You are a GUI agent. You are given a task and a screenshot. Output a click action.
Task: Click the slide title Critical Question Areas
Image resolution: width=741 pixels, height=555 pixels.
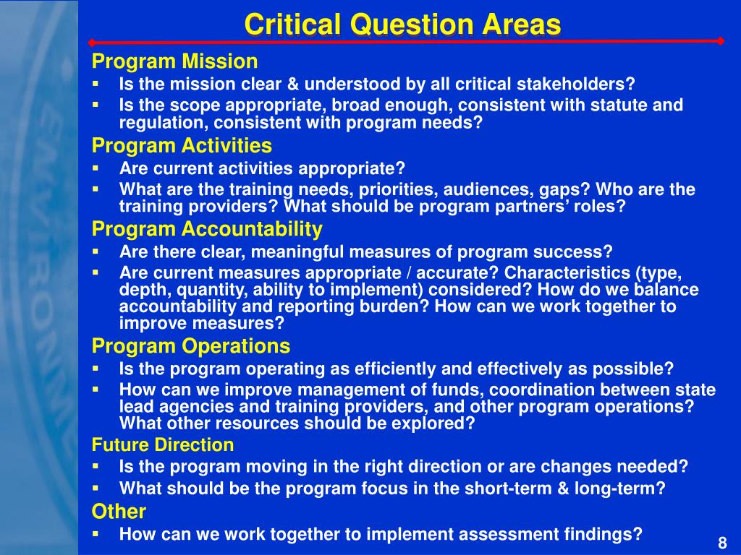(x=402, y=25)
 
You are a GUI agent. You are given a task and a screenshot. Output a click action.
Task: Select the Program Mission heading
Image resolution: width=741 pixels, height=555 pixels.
(x=175, y=62)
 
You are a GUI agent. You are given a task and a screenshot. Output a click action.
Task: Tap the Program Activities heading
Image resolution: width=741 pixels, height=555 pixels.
(x=182, y=145)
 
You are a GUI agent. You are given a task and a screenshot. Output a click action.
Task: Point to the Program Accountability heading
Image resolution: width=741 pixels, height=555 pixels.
(x=207, y=229)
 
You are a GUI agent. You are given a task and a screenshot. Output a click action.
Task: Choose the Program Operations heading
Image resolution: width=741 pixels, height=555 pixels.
(x=191, y=346)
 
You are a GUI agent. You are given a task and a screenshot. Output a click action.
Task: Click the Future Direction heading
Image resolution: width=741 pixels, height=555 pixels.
(x=163, y=444)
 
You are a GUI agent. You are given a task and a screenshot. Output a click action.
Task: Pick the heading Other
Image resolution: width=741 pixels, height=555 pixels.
(x=119, y=512)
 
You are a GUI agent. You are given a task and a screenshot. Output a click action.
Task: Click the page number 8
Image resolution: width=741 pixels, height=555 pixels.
(x=722, y=543)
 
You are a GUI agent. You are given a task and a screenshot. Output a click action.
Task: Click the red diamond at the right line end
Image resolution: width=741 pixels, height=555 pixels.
(x=720, y=41)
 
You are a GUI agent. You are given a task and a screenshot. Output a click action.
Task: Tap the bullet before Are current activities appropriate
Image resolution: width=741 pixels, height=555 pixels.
(x=96, y=168)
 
